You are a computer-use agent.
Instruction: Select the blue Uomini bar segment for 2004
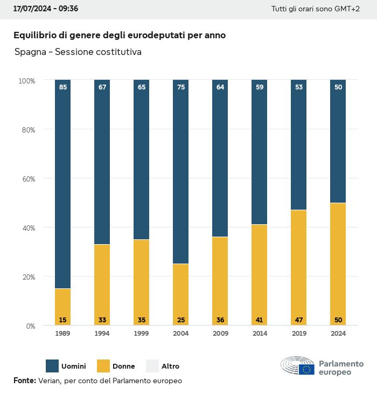tap(181, 172)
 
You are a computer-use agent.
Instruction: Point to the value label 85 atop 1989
tap(62, 87)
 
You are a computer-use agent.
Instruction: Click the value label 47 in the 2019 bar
tap(299, 320)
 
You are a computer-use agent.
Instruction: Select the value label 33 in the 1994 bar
tap(102, 320)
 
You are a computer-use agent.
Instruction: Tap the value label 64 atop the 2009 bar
tap(220, 87)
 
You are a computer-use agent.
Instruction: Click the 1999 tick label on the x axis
tap(141, 334)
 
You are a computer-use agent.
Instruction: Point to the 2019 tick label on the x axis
tap(299, 334)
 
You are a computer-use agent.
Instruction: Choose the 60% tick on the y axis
tap(27, 178)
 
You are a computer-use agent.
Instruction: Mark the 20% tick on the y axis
tap(27, 277)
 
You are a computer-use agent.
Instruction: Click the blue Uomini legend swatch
tap(52, 366)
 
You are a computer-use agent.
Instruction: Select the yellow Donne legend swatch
tap(103, 366)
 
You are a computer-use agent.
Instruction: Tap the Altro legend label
tap(170, 367)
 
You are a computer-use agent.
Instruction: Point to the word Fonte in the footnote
tap(24, 381)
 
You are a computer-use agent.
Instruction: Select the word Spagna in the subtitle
tap(31, 52)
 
